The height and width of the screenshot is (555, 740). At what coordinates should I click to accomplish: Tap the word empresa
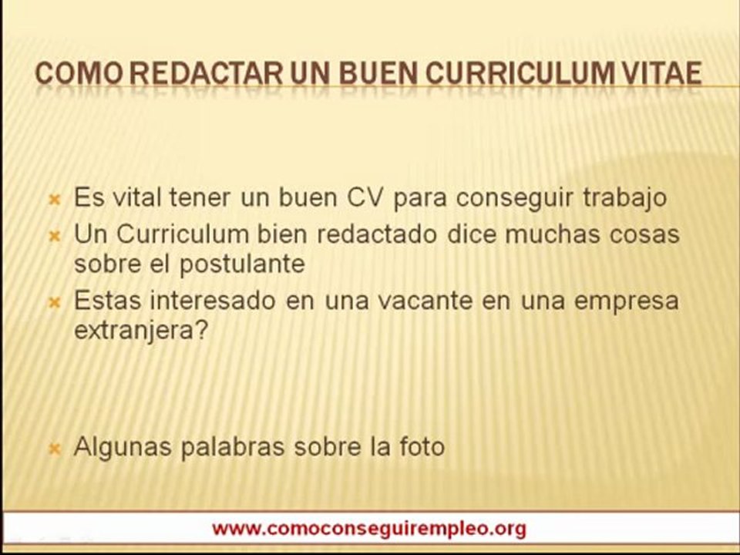coord(629,301)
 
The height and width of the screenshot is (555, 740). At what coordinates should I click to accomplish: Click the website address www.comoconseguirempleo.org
coord(369,529)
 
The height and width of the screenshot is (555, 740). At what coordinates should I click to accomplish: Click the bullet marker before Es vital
coord(55,200)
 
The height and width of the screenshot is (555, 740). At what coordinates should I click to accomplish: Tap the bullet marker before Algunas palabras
coord(55,448)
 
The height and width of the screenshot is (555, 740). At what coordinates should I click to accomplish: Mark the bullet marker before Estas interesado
coord(55,302)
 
